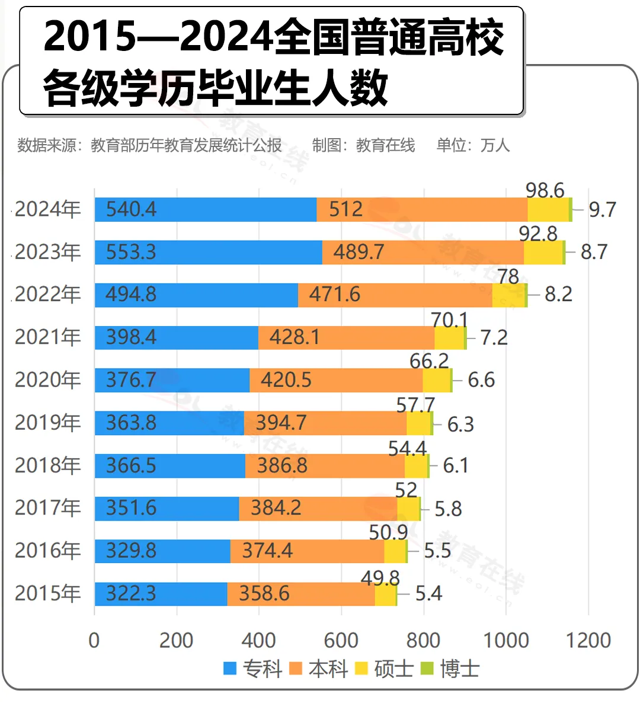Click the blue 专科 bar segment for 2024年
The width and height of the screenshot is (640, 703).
[x=206, y=210]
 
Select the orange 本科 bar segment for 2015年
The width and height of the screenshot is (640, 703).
[x=301, y=594]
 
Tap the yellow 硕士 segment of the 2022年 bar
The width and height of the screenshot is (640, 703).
[x=508, y=295]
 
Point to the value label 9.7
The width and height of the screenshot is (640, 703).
[x=602, y=210]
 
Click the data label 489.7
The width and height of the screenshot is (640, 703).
[x=359, y=253]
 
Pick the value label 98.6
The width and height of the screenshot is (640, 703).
[x=545, y=190]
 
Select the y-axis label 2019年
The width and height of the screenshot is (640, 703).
[x=47, y=423]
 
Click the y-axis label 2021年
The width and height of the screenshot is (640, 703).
[x=47, y=337]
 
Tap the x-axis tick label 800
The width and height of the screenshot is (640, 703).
[x=423, y=641]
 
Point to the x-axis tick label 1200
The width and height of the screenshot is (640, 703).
[x=588, y=641]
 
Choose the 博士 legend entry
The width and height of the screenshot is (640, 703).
[x=450, y=669]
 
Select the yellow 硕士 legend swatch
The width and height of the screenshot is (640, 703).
[x=361, y=669]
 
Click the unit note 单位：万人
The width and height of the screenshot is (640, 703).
[x=473, y=145]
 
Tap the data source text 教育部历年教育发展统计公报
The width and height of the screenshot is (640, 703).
[x=186, y=145]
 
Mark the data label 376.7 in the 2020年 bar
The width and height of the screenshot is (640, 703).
[x=131, y=381]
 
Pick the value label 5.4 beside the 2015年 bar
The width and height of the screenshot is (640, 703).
[x=428, y=594]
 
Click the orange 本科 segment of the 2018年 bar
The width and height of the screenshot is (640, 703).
[x=325, y=466]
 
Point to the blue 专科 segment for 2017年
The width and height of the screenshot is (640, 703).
[x=167, y=509]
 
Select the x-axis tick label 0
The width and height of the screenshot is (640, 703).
[x=94, y=641]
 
